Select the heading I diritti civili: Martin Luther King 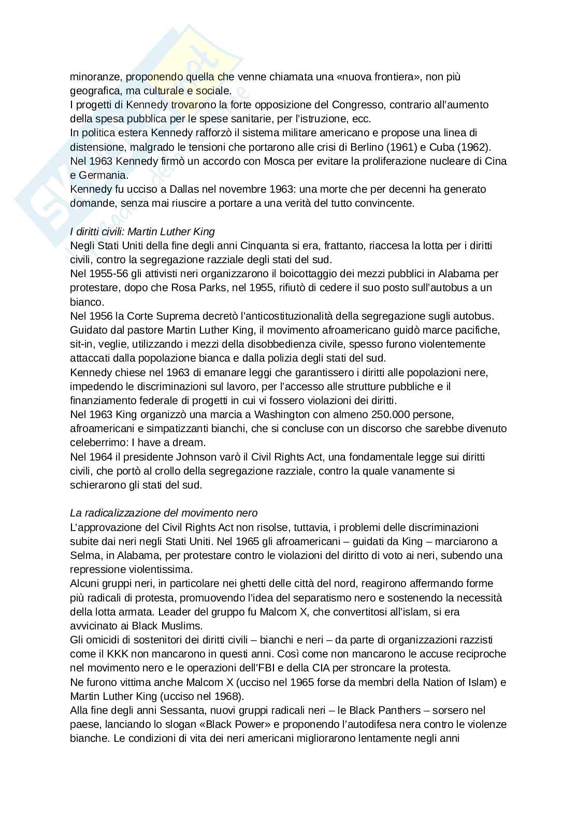point(142,232)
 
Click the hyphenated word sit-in point(81,344)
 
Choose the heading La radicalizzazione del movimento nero point(164,513)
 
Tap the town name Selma point(83,555)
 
